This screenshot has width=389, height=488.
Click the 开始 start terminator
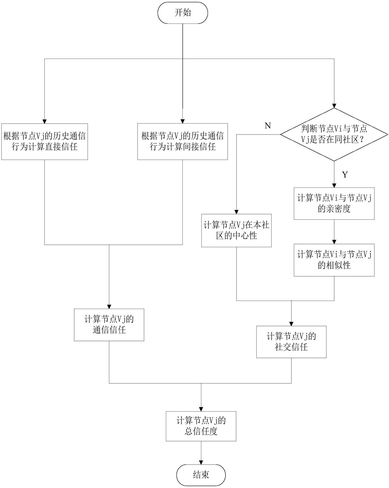tap(183, 13)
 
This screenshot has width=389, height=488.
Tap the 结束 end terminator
tap(201, 475)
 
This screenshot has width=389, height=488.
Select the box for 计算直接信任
tap(45, 141)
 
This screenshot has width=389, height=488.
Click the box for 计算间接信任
tap(183, 141)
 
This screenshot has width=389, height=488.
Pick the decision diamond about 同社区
tap(334, 135)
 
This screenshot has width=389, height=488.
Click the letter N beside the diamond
tap(268, 126)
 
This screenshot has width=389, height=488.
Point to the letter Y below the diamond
tap(345, 175)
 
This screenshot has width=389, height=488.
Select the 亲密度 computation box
tap(334, 204)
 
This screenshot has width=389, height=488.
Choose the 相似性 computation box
tap(334, 260)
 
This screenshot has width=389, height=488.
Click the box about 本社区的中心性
tap(236, 230)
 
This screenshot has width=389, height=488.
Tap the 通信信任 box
tap(109, 325)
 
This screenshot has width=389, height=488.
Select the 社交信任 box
tap(291, 342)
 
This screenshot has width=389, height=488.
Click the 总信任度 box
tap(201, 426)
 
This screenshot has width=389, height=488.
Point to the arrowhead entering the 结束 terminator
tap(201, 462)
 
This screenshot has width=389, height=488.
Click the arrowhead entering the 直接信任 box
tap(45, 121)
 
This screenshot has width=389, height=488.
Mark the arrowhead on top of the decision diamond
tap(334, 106)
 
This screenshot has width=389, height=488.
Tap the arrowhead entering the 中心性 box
tap(236, 212)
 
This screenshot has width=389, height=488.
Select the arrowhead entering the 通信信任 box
tap(109, 306)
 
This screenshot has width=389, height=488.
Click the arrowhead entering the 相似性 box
tap(334, 242)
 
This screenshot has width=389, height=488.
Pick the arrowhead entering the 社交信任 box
tap(291, 324)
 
